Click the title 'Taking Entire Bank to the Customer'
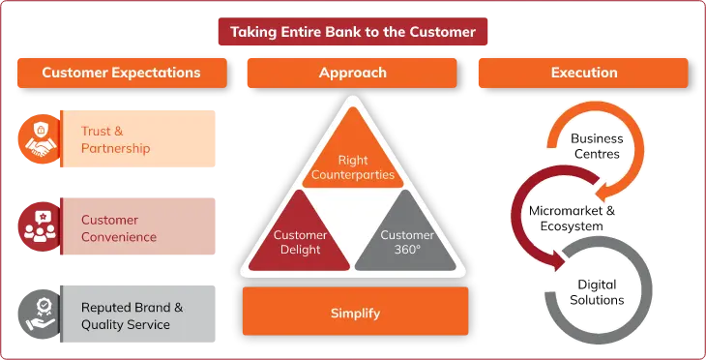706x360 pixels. click(353, 32)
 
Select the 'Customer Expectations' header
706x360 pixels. click(121, 73)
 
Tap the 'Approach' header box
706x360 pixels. click(353, 73)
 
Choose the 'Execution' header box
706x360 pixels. click(583, 73)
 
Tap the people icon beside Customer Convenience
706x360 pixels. click(40, 226)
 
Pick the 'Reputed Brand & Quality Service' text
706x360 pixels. click(132, 315)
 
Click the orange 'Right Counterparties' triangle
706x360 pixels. click(353, 155)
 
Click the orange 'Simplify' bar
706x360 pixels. click(354, 313)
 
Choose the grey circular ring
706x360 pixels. click(590, 290)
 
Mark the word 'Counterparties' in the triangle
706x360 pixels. click(353, 175)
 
